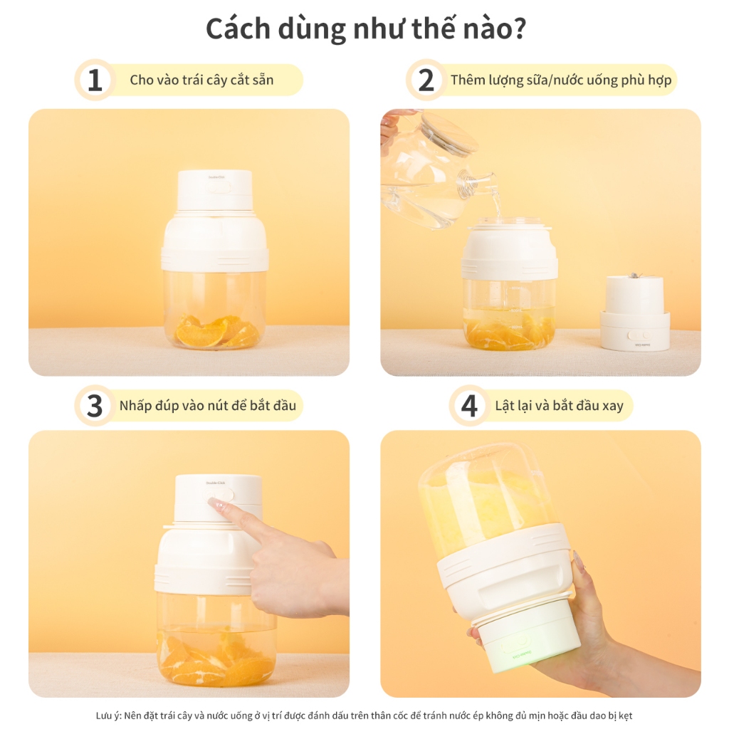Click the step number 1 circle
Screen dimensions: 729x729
coord(95,80)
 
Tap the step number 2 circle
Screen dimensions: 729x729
coord(426,80)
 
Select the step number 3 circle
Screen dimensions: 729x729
coord(95,406)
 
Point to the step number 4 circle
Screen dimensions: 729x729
coord(468,406)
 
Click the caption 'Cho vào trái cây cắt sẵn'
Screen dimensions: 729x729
coord(201,80)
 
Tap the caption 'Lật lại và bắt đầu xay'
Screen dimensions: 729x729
coord(559,406)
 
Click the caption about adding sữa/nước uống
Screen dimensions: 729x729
coord(561,80)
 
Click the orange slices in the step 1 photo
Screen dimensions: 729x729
coord(217,332)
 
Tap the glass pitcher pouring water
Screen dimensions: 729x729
coord(427,178)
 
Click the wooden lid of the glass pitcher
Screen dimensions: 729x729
coord(449,132)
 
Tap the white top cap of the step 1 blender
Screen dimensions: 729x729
coord(214,189)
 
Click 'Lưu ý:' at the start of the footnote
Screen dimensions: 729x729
coord(109,715)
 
